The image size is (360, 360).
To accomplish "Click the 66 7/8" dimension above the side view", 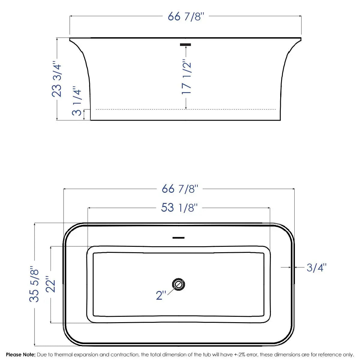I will (x=186, y=16).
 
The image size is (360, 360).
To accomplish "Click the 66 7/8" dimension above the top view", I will (x=180, y=189).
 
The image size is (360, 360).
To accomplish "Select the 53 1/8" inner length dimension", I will (x=179, y=207).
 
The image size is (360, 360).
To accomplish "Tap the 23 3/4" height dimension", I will (x=57, y=80).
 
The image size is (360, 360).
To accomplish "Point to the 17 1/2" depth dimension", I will (x=186, y=78).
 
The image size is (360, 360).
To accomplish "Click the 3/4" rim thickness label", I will (x=316, y=267).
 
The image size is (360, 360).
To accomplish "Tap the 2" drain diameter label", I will (x=161, y=295).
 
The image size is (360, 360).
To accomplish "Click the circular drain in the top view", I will (x=178, y=284).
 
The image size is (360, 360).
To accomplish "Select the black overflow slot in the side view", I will (x=185, y=45).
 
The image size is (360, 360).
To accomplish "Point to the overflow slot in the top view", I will (x=178, y=238).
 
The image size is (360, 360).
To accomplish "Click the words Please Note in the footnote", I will (x=21, y=355).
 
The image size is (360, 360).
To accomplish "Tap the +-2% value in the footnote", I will (x=239, y=355).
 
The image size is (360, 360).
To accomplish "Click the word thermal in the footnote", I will (x=64, y=355).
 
